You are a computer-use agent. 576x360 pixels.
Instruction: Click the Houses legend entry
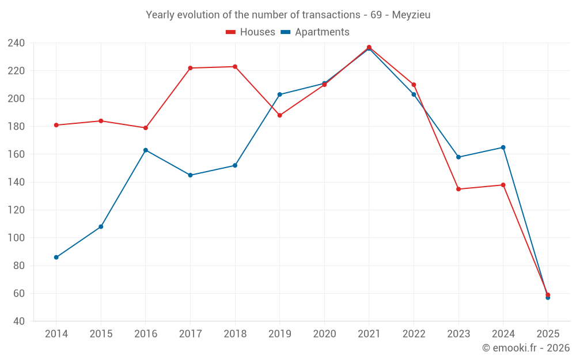(251, 32)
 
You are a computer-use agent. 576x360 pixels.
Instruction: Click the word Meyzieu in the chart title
(411, 15)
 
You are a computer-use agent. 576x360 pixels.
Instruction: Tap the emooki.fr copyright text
(526, 348)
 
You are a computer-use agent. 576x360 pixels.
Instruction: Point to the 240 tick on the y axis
(16, 43)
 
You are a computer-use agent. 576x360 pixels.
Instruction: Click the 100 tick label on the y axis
(16, 238)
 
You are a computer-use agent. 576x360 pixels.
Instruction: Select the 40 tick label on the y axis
(18, 321)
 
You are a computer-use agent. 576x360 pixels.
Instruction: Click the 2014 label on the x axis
(56, 334)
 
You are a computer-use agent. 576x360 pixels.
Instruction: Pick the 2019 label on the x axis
(279, 334)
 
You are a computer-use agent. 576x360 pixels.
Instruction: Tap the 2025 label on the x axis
(548, 334)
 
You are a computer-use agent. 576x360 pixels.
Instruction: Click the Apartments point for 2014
(56, 257)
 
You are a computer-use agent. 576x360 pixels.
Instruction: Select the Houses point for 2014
(56, 125)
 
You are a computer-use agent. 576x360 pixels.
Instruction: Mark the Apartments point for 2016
(146, 150)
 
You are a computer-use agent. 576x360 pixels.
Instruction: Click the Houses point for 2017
(190, 68)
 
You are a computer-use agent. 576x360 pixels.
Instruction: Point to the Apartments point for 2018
(235, 165)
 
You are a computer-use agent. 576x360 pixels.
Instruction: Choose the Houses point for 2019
(280, 115)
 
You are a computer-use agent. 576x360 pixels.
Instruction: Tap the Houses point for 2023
(458, 189)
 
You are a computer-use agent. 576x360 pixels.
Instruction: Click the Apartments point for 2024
(503, 147)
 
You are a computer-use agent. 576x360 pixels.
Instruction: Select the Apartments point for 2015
(101, 227)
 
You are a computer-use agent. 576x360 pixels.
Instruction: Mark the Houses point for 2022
(414, 85)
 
